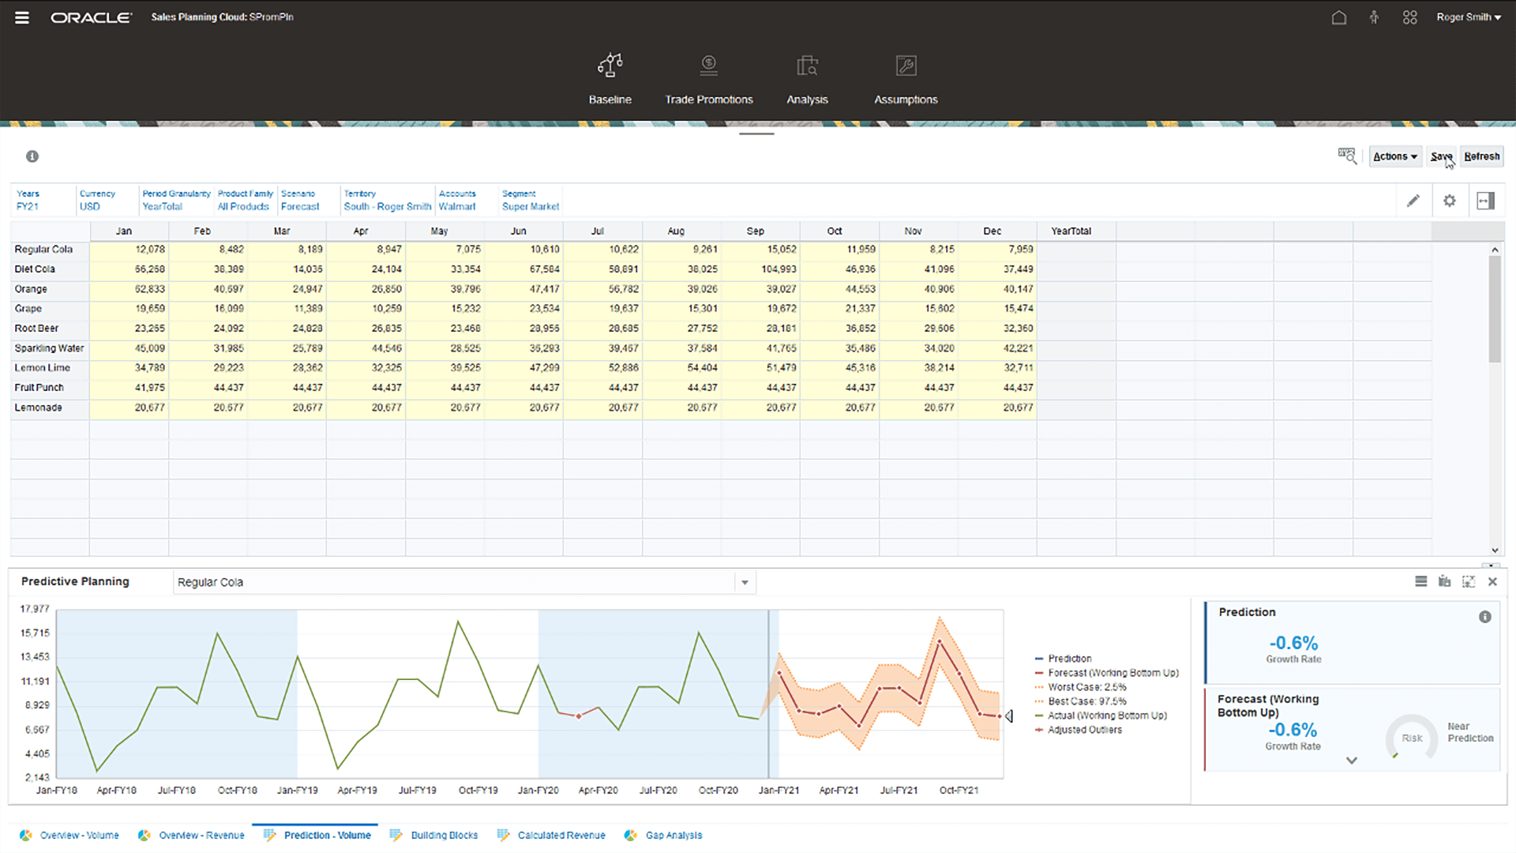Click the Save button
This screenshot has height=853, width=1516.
1441,156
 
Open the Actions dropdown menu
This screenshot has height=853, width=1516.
1394,156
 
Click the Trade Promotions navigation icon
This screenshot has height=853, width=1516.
708,66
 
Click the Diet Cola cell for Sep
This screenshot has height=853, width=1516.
779,269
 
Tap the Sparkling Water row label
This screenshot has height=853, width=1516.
49,348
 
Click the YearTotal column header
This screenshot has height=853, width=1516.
1071,231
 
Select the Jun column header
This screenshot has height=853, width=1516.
518,231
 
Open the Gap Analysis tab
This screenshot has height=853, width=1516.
673,835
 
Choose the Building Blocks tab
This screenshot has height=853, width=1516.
444,835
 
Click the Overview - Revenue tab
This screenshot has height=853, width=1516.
201,835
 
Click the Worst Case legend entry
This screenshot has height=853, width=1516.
1086,687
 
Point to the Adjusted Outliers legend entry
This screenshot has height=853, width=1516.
1084,730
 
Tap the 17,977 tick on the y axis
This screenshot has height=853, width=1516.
35,609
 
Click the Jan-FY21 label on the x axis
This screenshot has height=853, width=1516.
779,790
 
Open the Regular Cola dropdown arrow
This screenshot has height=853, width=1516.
745,583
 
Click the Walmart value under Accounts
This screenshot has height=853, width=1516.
457,207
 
